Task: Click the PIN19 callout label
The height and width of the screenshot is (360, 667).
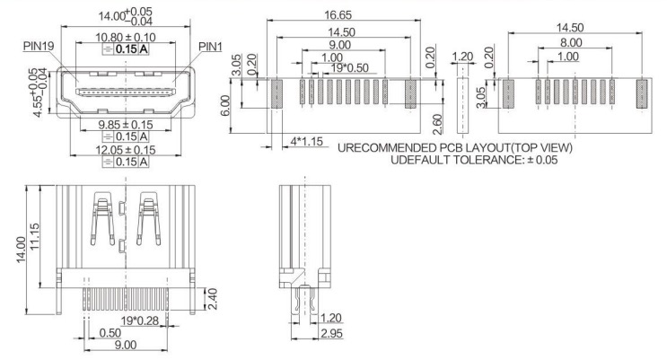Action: pyautogui.click(x=39, y=46)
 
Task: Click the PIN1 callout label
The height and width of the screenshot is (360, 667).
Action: pyautogui.click(x=211, y=47)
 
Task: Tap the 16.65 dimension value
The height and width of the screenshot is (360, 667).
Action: pyautogui.click(x=338, y=15)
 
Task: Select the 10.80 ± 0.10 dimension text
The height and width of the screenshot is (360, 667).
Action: pyautogui.click(x=126, y=38)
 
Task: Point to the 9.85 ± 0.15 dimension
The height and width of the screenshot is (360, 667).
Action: pyautogui.click(x=126, y=125)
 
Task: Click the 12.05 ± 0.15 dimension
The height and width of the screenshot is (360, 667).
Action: pyautogui.click(x=126, y=150)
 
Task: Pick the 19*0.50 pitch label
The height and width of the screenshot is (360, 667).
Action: pyautogui.click(x=350, y=68)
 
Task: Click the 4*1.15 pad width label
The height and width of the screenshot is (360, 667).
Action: pyautogui.click(x=307, y=141)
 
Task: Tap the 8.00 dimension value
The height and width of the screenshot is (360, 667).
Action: pyautogui.click(x=571, y=42)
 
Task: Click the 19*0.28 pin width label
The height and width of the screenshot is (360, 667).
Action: pyautogui.click(x=139, y=320)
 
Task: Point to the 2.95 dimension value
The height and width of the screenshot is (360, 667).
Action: pyautogui.click(x=331, y=333)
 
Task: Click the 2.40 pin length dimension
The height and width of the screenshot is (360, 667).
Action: pyautogui.click(x=212, y=299)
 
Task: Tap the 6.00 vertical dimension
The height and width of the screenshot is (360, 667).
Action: pyautogui.click(x=225, y=105)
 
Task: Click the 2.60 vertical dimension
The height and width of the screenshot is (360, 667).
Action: pyautogui.click(x=437, y=124)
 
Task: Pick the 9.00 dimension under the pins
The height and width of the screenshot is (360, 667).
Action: pyautogui.click(x=126, y=345)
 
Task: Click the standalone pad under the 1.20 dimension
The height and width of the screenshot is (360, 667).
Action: pyautogui.click(x=462, y=105)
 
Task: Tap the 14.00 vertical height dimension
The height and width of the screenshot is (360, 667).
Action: pyautogui.click(x=22, y=250)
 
